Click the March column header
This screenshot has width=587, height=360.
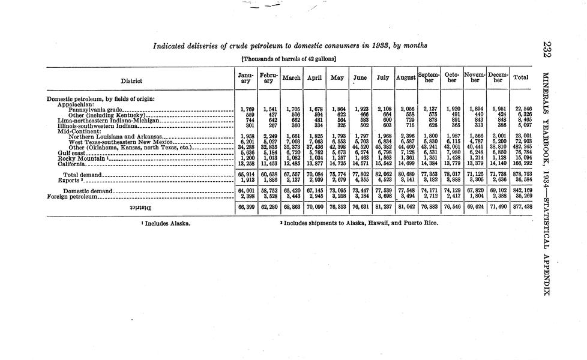292,78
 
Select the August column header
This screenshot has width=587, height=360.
406,78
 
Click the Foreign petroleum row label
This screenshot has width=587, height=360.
71,196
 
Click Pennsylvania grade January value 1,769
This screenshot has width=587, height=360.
245,110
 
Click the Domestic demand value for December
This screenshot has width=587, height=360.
498,191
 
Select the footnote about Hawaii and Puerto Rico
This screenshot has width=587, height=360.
359,223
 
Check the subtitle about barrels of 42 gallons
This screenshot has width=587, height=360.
288,59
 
